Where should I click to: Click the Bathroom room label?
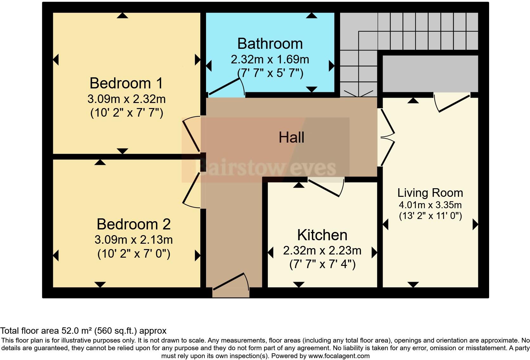click(270, 44)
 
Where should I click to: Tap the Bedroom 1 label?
click(126, 83)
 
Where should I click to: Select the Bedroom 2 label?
click(133, 224)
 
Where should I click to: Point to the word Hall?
click(291, 138)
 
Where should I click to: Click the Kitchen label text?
click(322, 235)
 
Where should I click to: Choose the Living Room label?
click(430, 193)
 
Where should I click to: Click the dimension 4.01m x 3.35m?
click(430, 204)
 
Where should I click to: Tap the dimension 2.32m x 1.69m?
click(270, 59)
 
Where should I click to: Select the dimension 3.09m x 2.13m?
click(133, 240)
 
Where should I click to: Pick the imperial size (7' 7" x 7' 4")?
click(322, 264)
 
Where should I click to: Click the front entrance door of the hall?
click(230, 281)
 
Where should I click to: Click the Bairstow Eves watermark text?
click(266, 168)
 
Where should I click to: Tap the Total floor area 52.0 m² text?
click(83, 331)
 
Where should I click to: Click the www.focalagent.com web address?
click(339, 356)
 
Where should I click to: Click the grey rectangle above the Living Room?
click(430, 74)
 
